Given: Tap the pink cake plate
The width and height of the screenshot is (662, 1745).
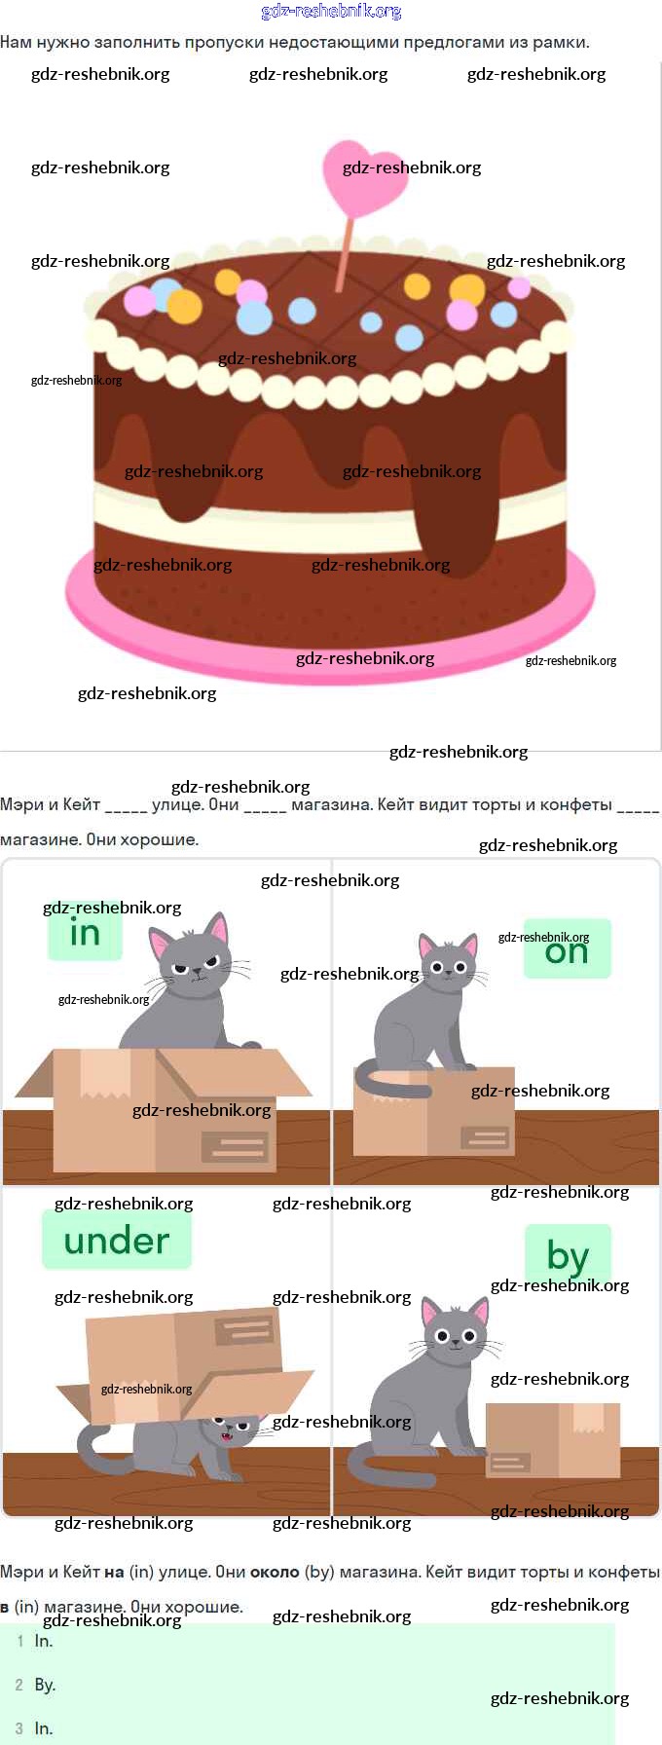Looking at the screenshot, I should click(331, 633).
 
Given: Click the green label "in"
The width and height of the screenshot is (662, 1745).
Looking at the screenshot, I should click(85, 933).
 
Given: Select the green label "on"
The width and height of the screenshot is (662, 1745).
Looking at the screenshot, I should click(567, 950).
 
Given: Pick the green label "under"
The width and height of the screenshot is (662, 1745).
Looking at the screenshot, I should click(117, 1241).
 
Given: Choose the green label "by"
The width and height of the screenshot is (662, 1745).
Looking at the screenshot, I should click(568, 1254).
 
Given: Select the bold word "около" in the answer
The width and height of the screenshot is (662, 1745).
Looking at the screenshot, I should click(275, 1572).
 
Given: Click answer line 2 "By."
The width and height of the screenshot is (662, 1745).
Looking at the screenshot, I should click(45, 1685).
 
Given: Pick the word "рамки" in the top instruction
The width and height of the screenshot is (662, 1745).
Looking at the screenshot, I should click(566, 42).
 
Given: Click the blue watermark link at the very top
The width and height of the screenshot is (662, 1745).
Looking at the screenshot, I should click(331, 12).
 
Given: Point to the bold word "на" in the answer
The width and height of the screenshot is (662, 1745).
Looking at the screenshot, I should click(114, 1572).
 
